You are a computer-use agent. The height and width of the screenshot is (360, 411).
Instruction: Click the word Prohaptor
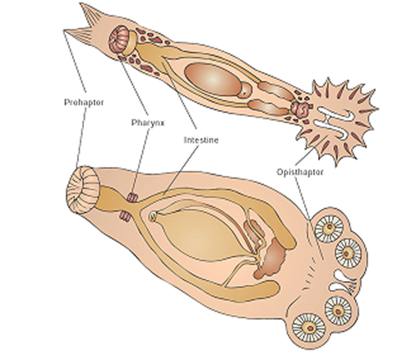84,102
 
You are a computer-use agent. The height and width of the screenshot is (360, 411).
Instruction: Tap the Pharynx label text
148,122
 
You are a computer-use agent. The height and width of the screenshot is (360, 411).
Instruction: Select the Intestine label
201,140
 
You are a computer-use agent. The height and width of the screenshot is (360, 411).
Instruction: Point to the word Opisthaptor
300,172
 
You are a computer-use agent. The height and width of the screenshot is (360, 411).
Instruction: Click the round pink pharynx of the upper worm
119,39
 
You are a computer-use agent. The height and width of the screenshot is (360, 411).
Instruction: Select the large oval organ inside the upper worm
213,79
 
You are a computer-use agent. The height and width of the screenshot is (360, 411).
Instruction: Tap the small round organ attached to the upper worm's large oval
245,90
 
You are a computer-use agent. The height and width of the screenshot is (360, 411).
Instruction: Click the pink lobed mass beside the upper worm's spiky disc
301,108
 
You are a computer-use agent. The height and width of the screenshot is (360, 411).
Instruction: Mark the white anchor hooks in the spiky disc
335,122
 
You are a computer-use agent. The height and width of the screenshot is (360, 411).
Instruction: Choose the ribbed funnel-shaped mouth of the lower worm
83,189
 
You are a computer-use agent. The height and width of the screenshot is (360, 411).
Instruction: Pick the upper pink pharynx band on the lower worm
133,197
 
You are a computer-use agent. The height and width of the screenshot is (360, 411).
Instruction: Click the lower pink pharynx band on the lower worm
126,216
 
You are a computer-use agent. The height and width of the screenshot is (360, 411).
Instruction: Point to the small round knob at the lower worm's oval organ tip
152,217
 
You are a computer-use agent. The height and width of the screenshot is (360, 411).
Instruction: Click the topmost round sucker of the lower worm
329,228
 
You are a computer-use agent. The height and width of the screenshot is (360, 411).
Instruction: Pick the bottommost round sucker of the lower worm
309,328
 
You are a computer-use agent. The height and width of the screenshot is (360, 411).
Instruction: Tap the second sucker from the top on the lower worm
349,253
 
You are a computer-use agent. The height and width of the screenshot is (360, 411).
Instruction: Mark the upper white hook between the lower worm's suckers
344,276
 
